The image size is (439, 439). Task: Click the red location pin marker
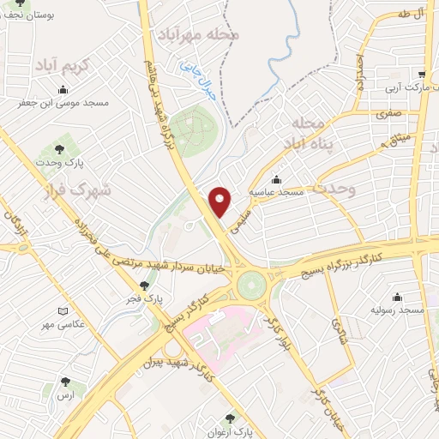click(221, 201)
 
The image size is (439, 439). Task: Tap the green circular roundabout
click(252, 285)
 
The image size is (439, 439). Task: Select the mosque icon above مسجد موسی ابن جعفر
click(62, 91)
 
